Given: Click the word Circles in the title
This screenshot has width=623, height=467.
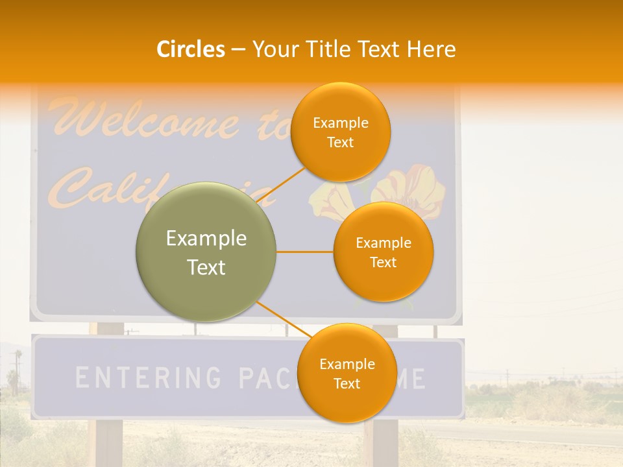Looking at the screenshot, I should coord(190,49).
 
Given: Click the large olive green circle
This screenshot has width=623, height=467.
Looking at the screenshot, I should coord(206,252).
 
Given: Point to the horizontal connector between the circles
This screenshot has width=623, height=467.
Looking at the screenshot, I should coord(304,252).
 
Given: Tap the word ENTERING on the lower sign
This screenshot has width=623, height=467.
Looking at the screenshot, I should coord(147,377).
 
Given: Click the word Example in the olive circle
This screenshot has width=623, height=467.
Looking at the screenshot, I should coord(206,239).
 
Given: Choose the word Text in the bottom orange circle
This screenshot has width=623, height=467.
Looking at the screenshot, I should coord(347,383).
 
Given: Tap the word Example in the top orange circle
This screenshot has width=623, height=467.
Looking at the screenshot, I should coord(340,123).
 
